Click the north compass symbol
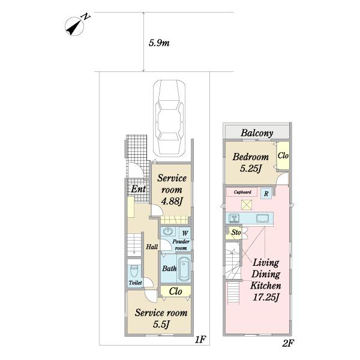tap(74, 26)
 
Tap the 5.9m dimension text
tap(159, 43)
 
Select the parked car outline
tap(169, 118)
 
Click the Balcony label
tap(257, 133)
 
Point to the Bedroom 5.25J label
tap(250, 163)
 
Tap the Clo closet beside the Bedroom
tap(283, 155)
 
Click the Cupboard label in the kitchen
tap(242, 192)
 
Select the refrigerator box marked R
tap(266, 193)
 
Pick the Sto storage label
tap(236, 232)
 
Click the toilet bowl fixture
tap(134, 271)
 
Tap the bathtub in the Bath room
tap(184, 268)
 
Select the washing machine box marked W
tap(185, 233)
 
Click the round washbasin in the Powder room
tap(168, 231)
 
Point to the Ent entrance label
tap(139, 189)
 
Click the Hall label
tap(152, 247)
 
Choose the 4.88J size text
tap(172, 202)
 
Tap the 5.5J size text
tap(161, 325)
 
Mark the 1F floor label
tap(200, 340)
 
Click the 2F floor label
tap(288, 343)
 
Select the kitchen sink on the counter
tap(262, 218)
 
